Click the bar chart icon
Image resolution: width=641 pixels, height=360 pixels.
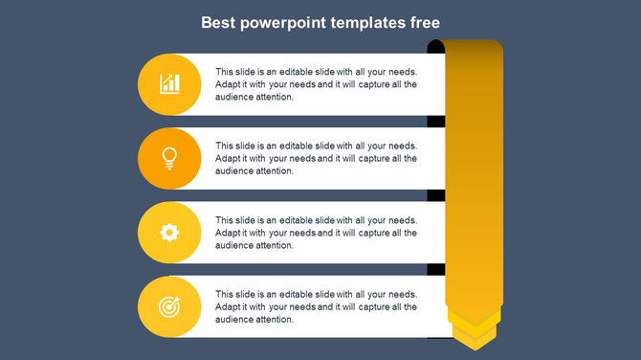click(169, 84)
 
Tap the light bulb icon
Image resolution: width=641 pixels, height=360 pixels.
click(169, 157)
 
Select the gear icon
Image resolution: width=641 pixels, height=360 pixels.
click(169, 232)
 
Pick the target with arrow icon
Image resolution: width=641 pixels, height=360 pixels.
click(169, 306)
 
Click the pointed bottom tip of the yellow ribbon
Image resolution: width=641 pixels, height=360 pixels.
click(474, 343)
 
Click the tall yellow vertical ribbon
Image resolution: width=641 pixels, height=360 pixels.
click(474, 172)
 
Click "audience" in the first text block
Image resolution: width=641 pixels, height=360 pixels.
click(233, 97)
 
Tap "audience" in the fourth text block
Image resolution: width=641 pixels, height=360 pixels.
click(233, 320)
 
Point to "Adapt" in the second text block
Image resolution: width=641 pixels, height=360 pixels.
click(228, 158)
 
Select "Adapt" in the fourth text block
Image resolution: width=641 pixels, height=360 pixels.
click(228, 307)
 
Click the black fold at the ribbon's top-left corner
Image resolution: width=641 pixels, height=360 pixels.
click(435, 47)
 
